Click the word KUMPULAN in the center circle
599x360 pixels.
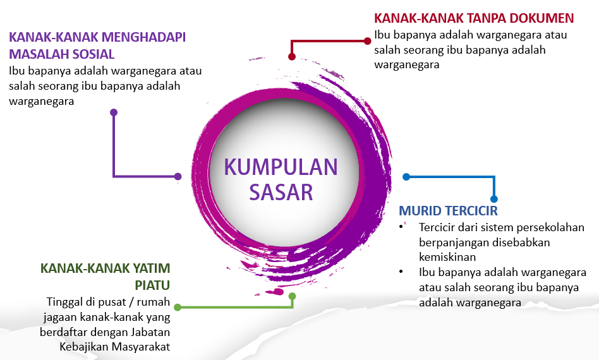(x=281, y=167)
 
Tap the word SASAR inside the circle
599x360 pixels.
(x=281, y=191)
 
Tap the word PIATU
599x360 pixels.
(x=152, y=285)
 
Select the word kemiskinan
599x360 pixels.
(x=447, y=257)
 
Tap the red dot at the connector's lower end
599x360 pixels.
(x=292, y=56)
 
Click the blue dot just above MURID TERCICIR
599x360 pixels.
(x=494, y=198)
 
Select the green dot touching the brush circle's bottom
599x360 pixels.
(x=292, y=296)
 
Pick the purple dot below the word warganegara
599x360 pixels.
(x=114, y=112)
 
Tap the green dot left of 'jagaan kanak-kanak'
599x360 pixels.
(x=178, y=308)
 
